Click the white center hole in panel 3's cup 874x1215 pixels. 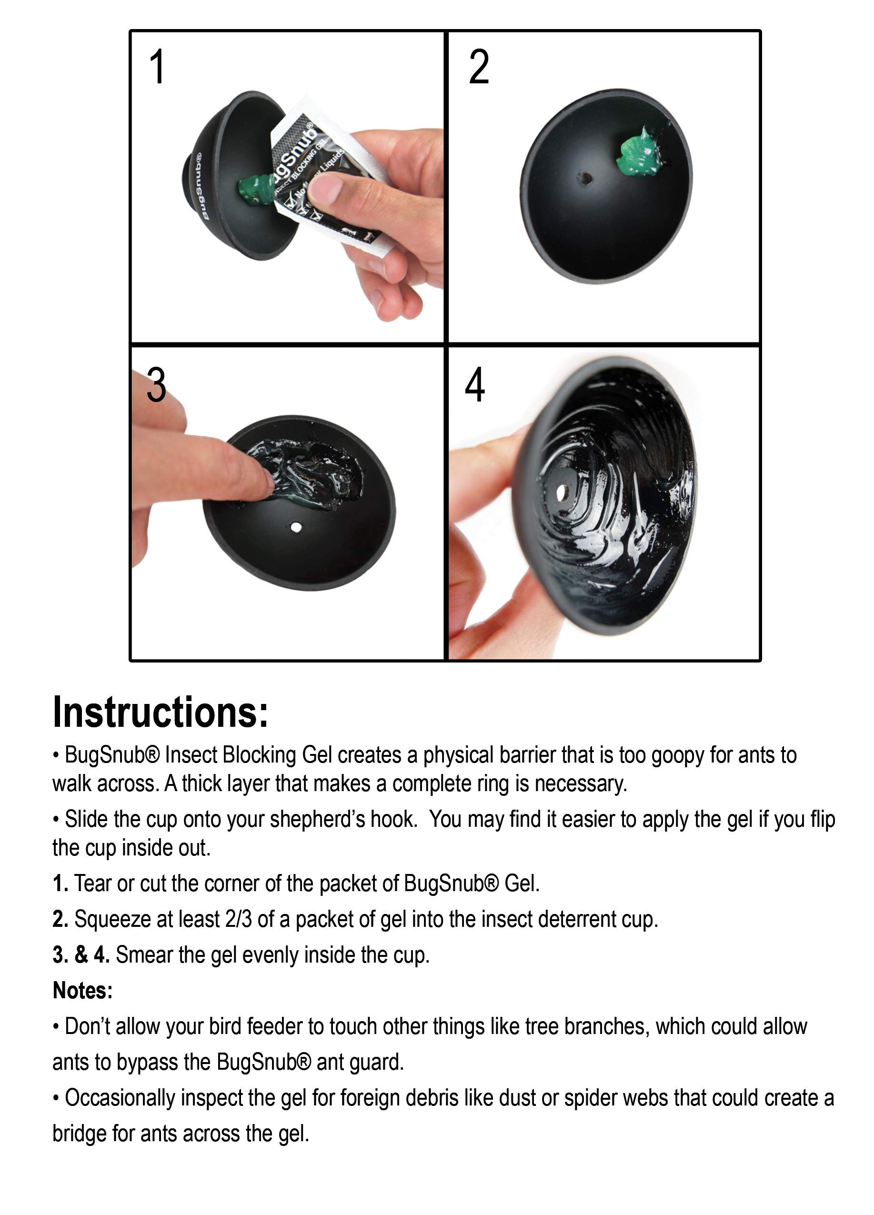point(295,528)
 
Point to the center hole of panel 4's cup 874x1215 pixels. point(562,492)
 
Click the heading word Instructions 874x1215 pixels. point(160,712)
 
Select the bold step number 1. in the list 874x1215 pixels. point(60,884)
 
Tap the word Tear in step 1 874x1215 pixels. point(93,884)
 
